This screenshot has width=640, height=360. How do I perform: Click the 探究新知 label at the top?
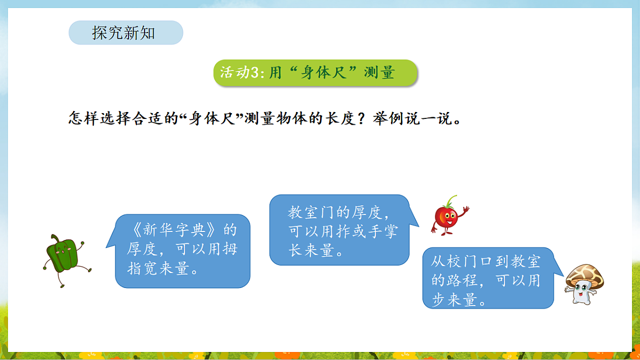click(x=124, y=33)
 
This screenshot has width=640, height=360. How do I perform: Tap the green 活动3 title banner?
click(x=315, y=73)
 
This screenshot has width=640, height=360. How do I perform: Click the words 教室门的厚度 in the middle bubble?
click(x=335, y=213)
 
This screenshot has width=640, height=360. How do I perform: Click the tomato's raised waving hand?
click(x=466, y=209)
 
